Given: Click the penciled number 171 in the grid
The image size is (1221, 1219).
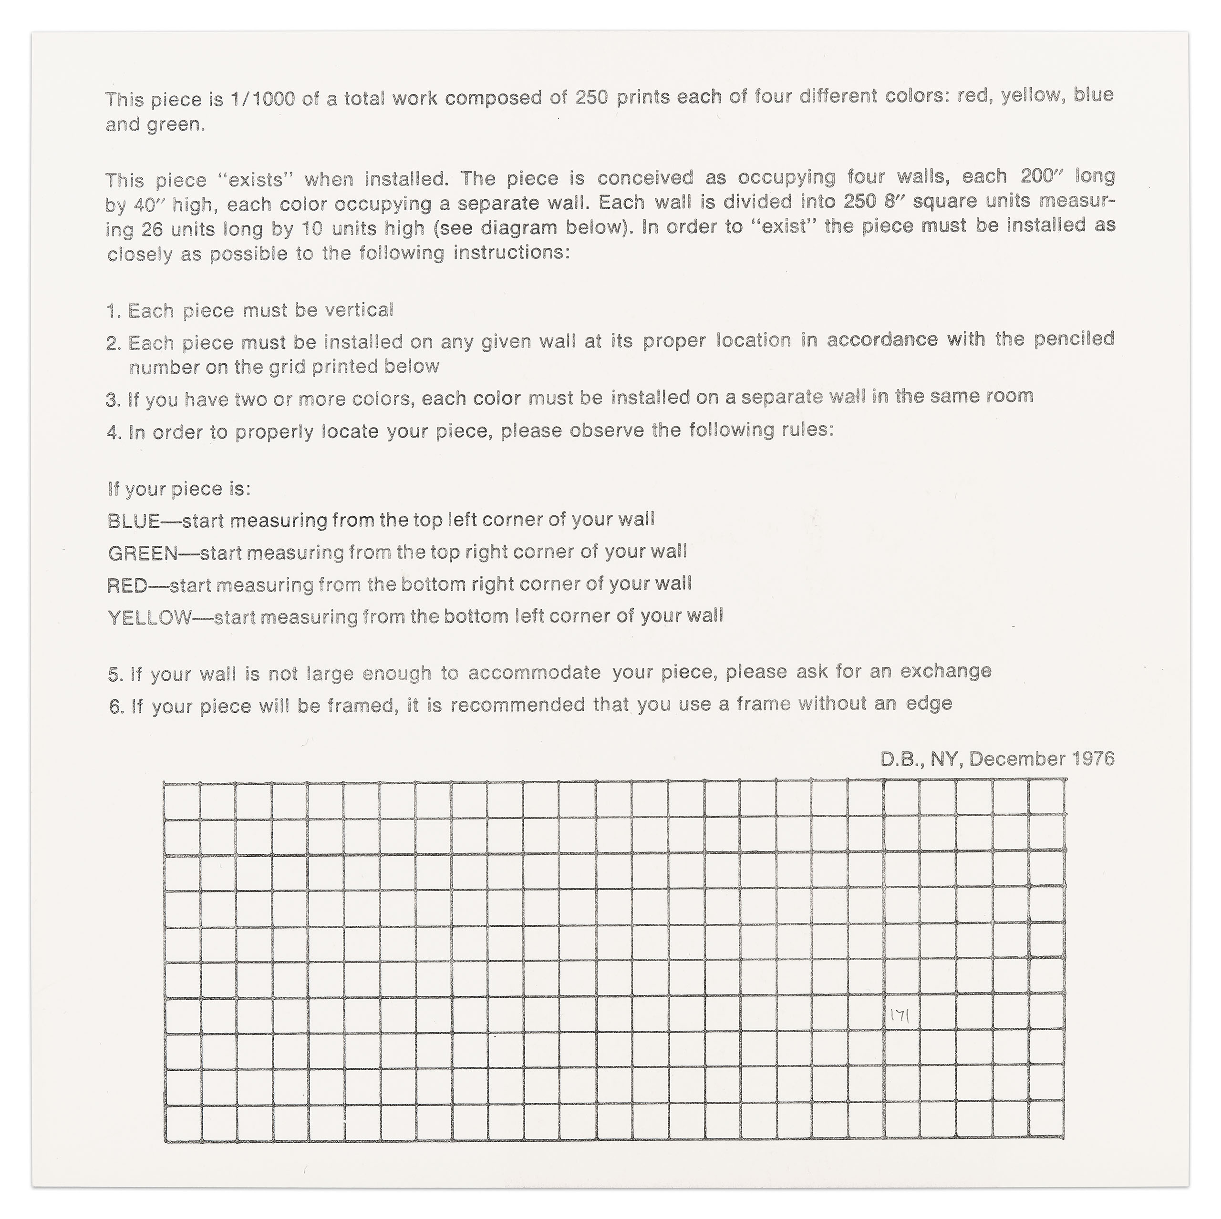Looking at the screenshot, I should [x=900, y=1015].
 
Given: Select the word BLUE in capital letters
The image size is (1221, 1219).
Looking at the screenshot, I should [x=134, y=521].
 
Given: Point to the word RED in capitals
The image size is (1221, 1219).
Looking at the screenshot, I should [x=126, y=585].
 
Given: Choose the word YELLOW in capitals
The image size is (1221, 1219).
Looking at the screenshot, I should [x=149, y=618].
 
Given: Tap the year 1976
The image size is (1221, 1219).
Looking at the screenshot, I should [x=1093, y=758].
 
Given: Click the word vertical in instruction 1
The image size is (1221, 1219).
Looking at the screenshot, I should [x=359, y=310].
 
